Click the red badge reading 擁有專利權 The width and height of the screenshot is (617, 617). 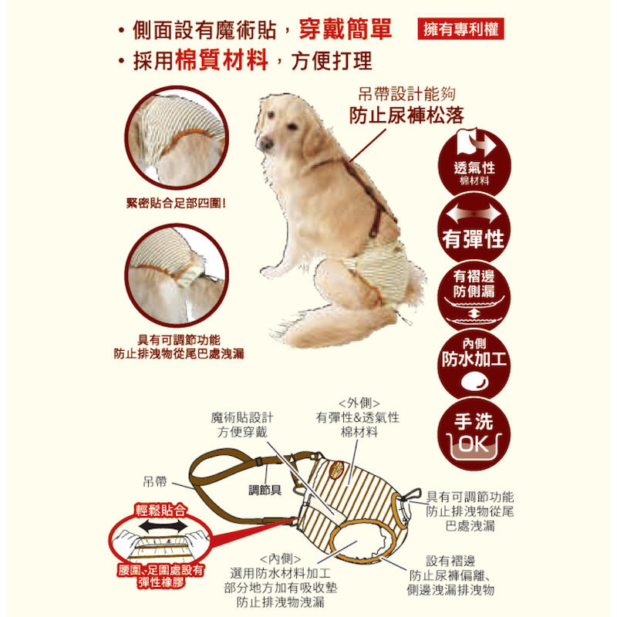pyautogui.click(x=460, y=29)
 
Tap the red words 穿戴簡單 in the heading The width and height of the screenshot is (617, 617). pyautogui.click(x=345, y=29)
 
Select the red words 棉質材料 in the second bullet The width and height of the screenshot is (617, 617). pyautogui.click(x=221, y=60)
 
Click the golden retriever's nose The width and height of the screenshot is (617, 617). pyautogui.click(x=265, y=143)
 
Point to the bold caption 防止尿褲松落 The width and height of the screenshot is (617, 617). pyautogui.click(x=406, y=115)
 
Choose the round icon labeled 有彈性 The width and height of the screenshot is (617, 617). pyautogui.click(x=474, y=228)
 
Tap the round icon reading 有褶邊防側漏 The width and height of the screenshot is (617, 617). pyautogui.click(x=474, y=296)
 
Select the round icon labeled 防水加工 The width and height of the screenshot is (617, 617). pyautogui.click(x=474, y=364)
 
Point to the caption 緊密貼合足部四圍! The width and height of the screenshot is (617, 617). pyautogui.click(x=177, y=204)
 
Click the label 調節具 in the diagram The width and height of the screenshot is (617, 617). pyautogui.click(x=265, y=490)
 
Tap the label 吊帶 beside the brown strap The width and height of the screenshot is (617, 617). pyautogui.click(x=155, y=481)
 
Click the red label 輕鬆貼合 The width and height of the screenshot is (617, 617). pyautogui.click(x=160, y=511)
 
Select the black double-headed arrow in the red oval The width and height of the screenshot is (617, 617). pyautogui.click(x=163, y=526)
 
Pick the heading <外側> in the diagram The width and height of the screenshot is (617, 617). pyautogui.click(x=359, y=403)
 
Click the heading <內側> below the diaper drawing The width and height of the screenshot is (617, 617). pyautogui.click(x=280, y=558)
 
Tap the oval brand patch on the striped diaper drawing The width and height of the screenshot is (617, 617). pyautogui.click(x=337, y=470)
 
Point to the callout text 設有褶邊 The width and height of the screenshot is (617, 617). pyautogui.click(x=450, y=561)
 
